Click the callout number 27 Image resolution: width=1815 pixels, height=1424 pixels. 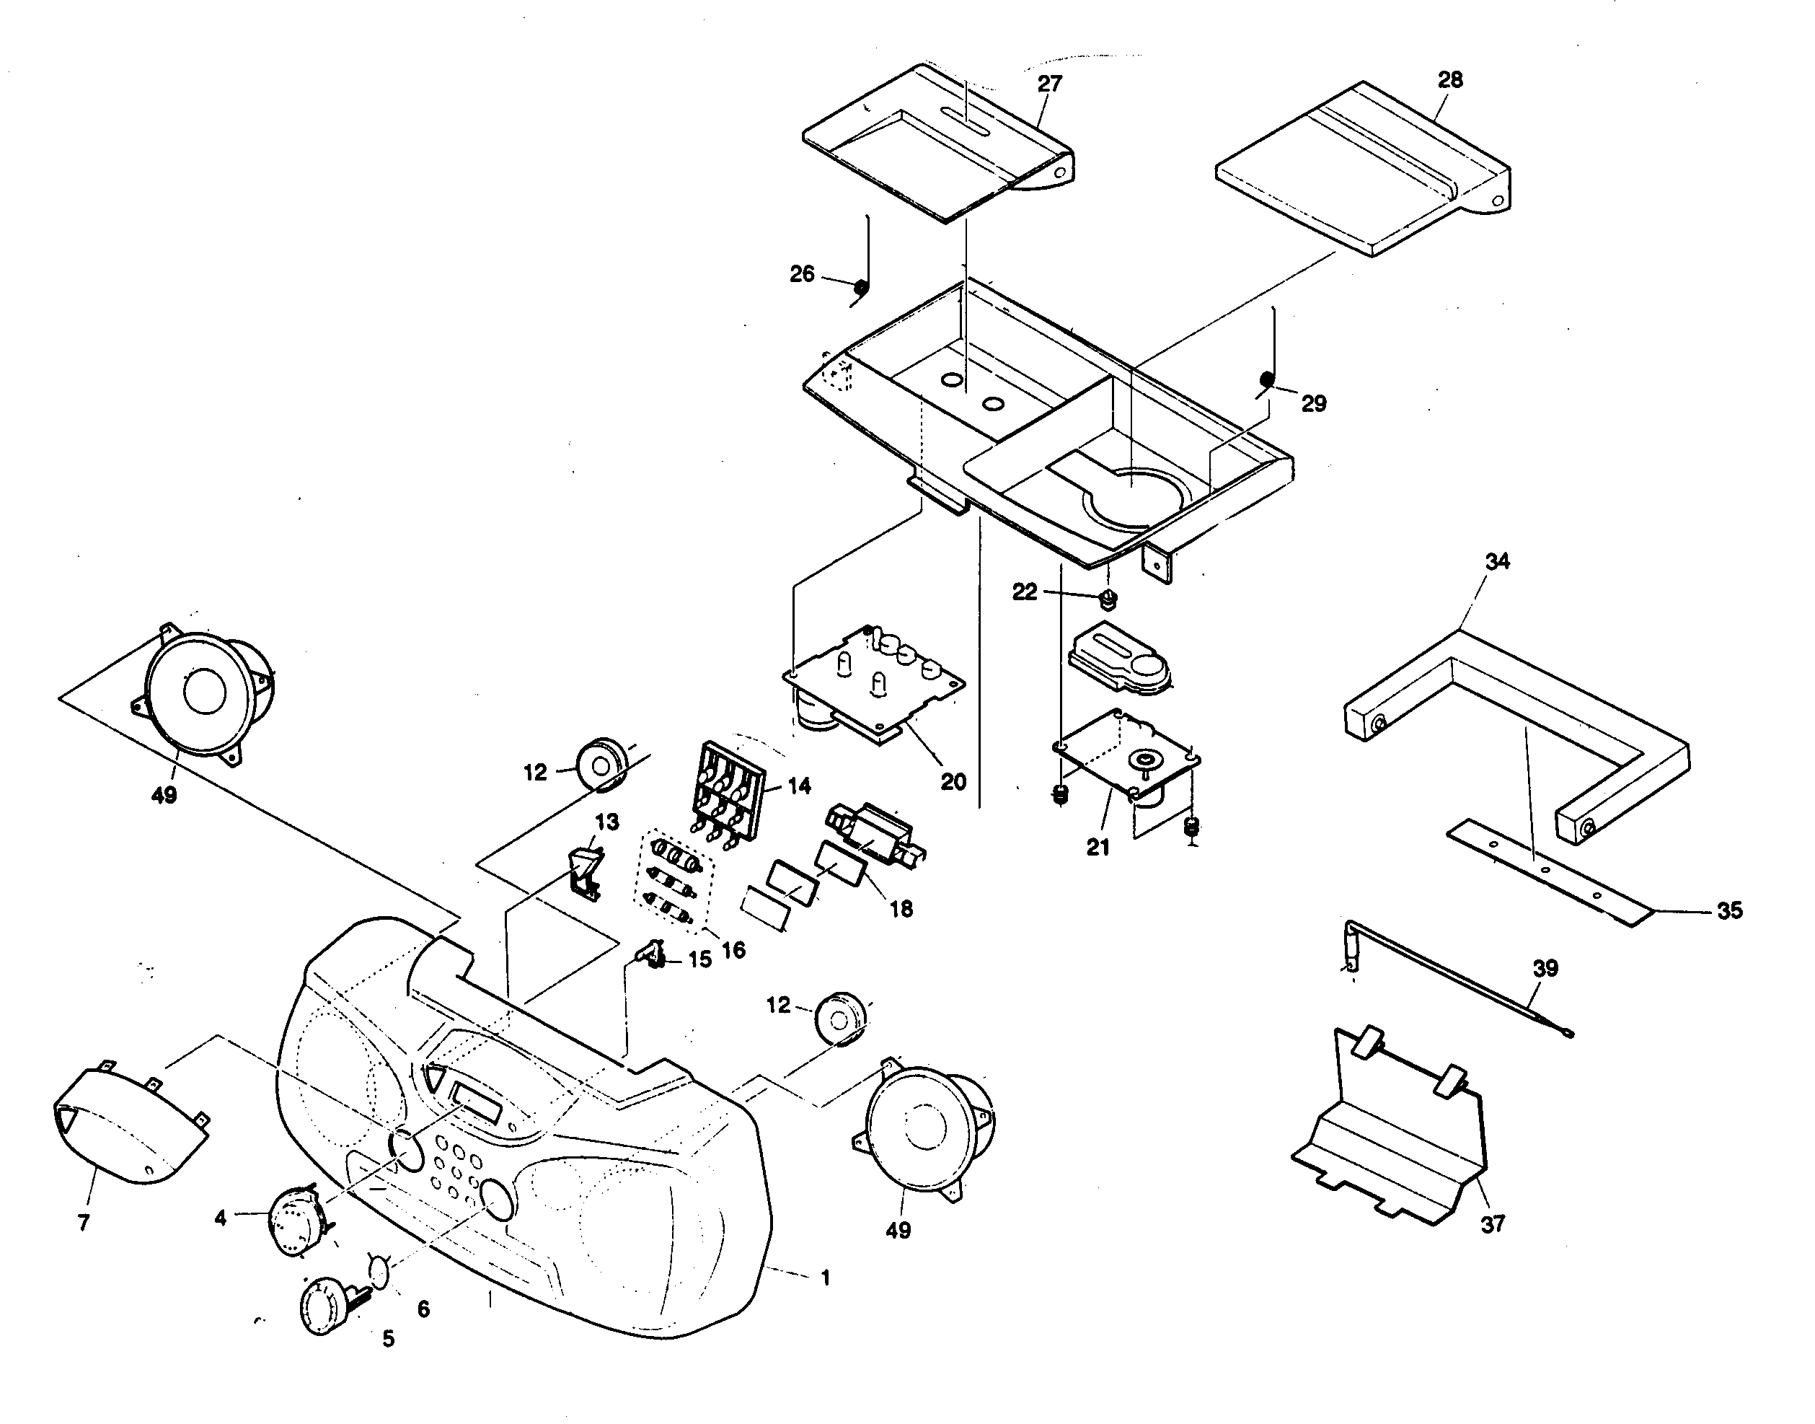coord(1050,84)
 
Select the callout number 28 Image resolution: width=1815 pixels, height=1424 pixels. coord(1450,80)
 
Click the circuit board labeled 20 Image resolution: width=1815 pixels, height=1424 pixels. coord(875,692)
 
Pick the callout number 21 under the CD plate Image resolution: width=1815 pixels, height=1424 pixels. coord(1098,847)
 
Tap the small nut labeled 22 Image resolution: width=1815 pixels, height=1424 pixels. coord(1108,598)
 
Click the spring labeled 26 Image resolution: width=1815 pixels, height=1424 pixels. coord(862,288)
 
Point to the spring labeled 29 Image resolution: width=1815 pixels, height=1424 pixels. coord(1266,380)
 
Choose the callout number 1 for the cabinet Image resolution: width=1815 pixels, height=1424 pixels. coord(824,1278)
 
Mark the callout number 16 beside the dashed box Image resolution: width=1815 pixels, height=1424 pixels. coord(733,949)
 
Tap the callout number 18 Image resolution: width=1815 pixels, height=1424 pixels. coord(901,909)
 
